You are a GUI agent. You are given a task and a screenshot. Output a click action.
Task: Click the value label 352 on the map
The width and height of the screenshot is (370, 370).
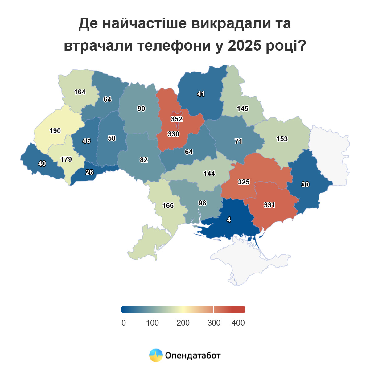tap(177, 119)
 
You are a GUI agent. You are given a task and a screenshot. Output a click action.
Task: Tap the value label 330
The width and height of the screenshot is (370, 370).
tap(174, 134)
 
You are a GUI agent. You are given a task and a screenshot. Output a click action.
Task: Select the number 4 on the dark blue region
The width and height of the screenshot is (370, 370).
tap(228, 220)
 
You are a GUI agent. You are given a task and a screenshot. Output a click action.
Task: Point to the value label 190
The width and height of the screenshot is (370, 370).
tap(55, 131)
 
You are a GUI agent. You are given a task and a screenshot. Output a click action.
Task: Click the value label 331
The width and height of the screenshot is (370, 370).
tap(269, 205)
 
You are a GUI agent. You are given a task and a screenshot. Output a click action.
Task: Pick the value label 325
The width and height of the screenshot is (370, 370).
tap(244, 182)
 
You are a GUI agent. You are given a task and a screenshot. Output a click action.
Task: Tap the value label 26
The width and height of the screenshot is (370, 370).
tap(89, 172)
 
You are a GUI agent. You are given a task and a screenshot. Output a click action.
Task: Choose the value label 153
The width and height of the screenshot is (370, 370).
tap(282, 139)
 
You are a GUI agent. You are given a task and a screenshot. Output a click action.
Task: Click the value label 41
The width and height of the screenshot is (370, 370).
tap(201, 94)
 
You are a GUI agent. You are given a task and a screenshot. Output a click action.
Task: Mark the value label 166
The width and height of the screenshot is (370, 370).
tap(168, 205)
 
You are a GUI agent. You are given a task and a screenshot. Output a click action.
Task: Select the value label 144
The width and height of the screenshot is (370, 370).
tap(209, 173)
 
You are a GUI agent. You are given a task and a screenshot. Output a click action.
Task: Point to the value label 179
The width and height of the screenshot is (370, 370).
tap(66, 159)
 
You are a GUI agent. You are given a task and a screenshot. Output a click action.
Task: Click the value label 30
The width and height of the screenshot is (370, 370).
tap(305, 184)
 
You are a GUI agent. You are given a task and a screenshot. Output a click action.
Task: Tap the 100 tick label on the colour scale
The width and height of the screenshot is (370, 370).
tap(152, 323)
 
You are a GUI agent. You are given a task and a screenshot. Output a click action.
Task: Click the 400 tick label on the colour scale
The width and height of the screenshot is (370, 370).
tap(238, 323)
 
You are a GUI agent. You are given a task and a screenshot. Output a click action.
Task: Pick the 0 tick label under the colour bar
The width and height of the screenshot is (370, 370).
tap(124, 323)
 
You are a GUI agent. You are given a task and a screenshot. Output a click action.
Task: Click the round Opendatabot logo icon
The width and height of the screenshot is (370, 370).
tap(156, 355)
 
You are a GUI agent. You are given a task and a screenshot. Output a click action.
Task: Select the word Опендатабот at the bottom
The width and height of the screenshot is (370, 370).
tap(193, 356)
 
